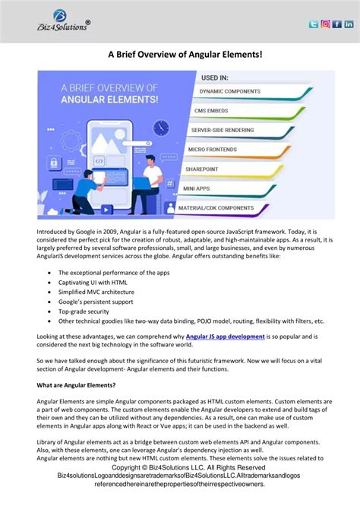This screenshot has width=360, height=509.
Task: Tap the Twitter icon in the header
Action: click(313, 24)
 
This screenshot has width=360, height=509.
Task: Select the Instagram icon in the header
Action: click(325, 24)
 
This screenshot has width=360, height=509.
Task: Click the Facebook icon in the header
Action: click(337, 24)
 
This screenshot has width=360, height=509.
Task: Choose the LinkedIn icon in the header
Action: click(349, 24)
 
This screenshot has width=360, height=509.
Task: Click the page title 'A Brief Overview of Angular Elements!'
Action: click(179, 55)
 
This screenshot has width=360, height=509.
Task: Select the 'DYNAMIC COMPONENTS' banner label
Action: click(231, 91)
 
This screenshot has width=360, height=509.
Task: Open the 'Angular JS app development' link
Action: click(225, 336)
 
